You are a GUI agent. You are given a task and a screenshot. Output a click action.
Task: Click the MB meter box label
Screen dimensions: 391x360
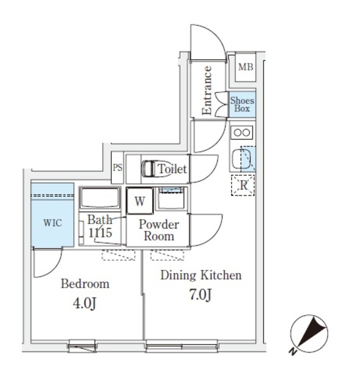point(245,68)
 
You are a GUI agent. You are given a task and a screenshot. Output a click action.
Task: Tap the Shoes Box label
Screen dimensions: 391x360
point(242,104)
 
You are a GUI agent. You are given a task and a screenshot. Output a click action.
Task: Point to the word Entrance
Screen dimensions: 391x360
point(207,90)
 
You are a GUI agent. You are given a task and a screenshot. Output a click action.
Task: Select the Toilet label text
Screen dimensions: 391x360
point(172,169)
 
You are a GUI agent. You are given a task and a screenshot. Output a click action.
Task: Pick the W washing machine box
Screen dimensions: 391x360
point(139,200)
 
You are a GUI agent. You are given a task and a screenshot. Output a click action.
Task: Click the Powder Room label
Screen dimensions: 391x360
point(158,230)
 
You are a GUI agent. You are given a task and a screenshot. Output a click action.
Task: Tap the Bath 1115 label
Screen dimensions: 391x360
point(100,226)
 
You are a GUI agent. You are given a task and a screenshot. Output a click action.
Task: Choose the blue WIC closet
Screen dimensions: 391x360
point(52,222)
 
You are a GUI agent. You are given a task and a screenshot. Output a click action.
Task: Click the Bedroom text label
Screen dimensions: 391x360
point(85,284)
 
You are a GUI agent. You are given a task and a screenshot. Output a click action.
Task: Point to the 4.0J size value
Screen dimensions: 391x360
point(85,303)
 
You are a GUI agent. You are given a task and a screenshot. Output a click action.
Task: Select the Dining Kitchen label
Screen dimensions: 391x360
point(200,276)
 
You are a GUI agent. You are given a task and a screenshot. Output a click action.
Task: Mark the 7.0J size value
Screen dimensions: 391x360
point(200,295)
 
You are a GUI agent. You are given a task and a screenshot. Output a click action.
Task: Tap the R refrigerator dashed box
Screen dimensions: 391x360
point(243,185)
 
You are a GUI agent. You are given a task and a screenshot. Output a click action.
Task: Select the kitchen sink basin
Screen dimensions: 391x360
point(243,159)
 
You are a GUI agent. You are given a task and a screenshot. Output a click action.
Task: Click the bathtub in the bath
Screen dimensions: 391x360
point(100,199)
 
